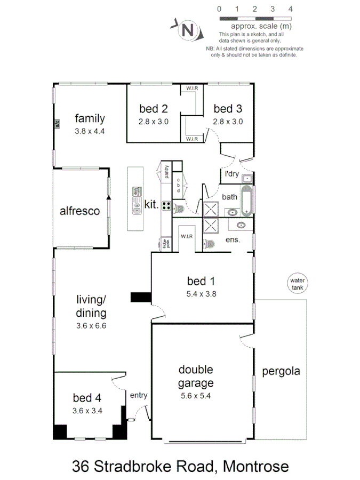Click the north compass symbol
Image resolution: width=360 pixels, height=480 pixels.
point(186,30)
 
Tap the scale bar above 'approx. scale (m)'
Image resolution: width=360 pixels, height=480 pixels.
point(254,19)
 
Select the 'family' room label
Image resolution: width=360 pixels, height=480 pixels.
point(90,118)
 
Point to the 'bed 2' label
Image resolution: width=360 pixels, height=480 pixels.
point(154,109)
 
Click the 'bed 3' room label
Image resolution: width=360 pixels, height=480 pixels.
point(228,109)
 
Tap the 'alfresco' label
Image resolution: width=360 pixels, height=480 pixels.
point(79,211)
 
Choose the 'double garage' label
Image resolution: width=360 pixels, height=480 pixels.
point(196,376)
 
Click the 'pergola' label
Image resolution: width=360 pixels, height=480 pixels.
point(281,371)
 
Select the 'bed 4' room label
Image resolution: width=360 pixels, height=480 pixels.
point(87,398)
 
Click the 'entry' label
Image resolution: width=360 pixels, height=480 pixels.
point(138,395)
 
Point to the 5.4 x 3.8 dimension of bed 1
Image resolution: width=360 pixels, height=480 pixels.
point(201,293)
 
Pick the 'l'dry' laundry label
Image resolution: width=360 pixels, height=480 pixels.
point(231,174)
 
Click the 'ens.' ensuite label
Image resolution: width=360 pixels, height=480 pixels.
point(233,239)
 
